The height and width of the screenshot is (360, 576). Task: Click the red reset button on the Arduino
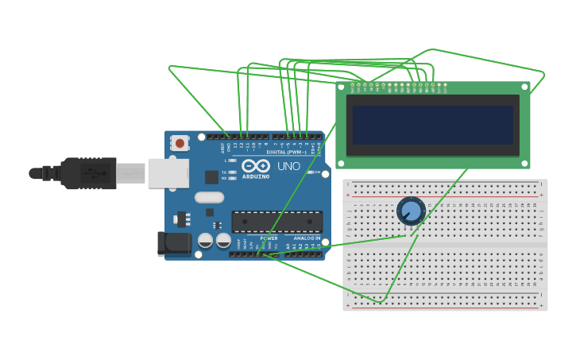180,144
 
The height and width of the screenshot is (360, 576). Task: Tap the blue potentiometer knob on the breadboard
410,211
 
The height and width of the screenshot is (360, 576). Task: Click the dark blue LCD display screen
432,126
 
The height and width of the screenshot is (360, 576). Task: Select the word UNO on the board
288,166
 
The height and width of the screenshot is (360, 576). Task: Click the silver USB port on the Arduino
168,172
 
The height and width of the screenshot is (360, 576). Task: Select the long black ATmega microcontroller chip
276,223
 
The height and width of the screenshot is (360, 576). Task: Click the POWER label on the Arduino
269,238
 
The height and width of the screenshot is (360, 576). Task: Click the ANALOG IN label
307,238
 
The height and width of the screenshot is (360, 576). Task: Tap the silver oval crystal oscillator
209,197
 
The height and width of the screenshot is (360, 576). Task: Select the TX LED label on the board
224,172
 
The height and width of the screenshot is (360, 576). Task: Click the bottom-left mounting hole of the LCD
342,163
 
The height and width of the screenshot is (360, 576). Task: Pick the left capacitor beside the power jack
205,239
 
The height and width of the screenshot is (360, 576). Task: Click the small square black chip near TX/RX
211,177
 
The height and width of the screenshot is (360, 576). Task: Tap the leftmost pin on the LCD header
351,84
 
